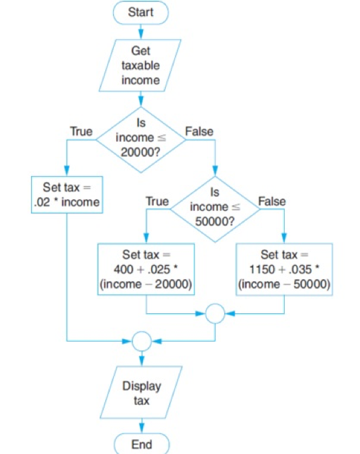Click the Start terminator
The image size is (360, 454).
[141, 11]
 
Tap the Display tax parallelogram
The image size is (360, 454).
[140, 393]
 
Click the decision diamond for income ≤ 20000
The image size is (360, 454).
[140, 138]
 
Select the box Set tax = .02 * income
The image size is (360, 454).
[67, 195]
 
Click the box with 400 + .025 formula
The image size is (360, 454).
[146, 269]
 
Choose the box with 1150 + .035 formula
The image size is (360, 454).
[285, 269]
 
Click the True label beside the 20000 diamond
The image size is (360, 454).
[81, 132]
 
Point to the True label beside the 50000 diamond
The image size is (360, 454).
[156, 200]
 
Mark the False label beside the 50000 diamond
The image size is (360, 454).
[271, 200]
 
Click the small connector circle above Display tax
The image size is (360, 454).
[141, 342]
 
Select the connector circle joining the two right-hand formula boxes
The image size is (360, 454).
[215, 313]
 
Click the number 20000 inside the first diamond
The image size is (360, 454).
[140, 151]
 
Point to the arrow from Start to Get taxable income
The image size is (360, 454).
[141, 30]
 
